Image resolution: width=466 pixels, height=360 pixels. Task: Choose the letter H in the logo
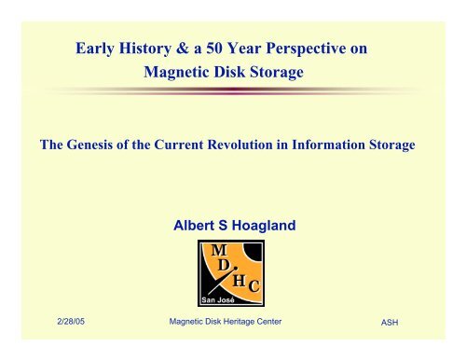239,281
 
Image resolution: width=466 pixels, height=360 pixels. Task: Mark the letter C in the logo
254,286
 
